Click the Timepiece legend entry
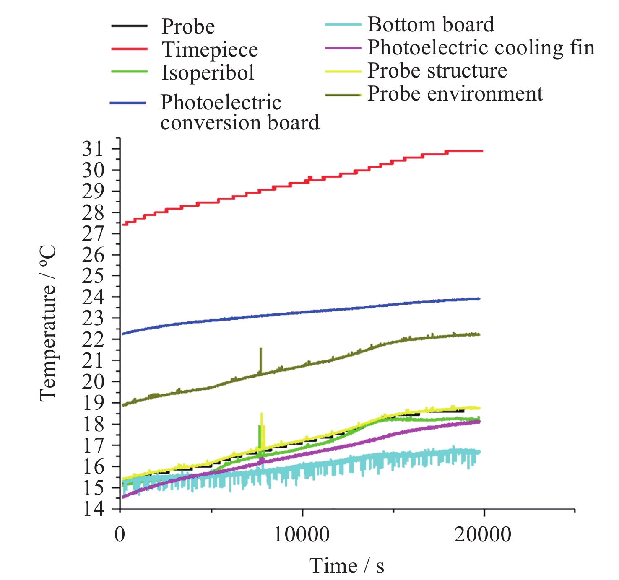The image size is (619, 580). coord(210,50)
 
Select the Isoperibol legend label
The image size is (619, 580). coord(208,73)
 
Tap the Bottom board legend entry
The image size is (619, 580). coord(431,25)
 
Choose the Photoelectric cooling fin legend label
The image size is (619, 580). coord(481,48)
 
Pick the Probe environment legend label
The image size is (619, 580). coord(455,94)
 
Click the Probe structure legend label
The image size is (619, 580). coord(437,71)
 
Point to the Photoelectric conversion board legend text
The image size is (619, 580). coord(239,113)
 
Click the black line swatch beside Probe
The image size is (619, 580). coord(129,26)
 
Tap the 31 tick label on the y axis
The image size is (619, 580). coord(93,149)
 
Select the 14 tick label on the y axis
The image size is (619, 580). coord(93,509)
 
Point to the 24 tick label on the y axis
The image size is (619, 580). coord(93,298)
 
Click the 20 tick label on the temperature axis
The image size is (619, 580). coord(93,382)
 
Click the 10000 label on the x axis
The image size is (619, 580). coord(302,535)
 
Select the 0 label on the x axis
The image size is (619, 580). coord(120,535)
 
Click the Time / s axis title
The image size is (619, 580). coord(347,566)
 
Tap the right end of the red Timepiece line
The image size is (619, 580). coord(482,151)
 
